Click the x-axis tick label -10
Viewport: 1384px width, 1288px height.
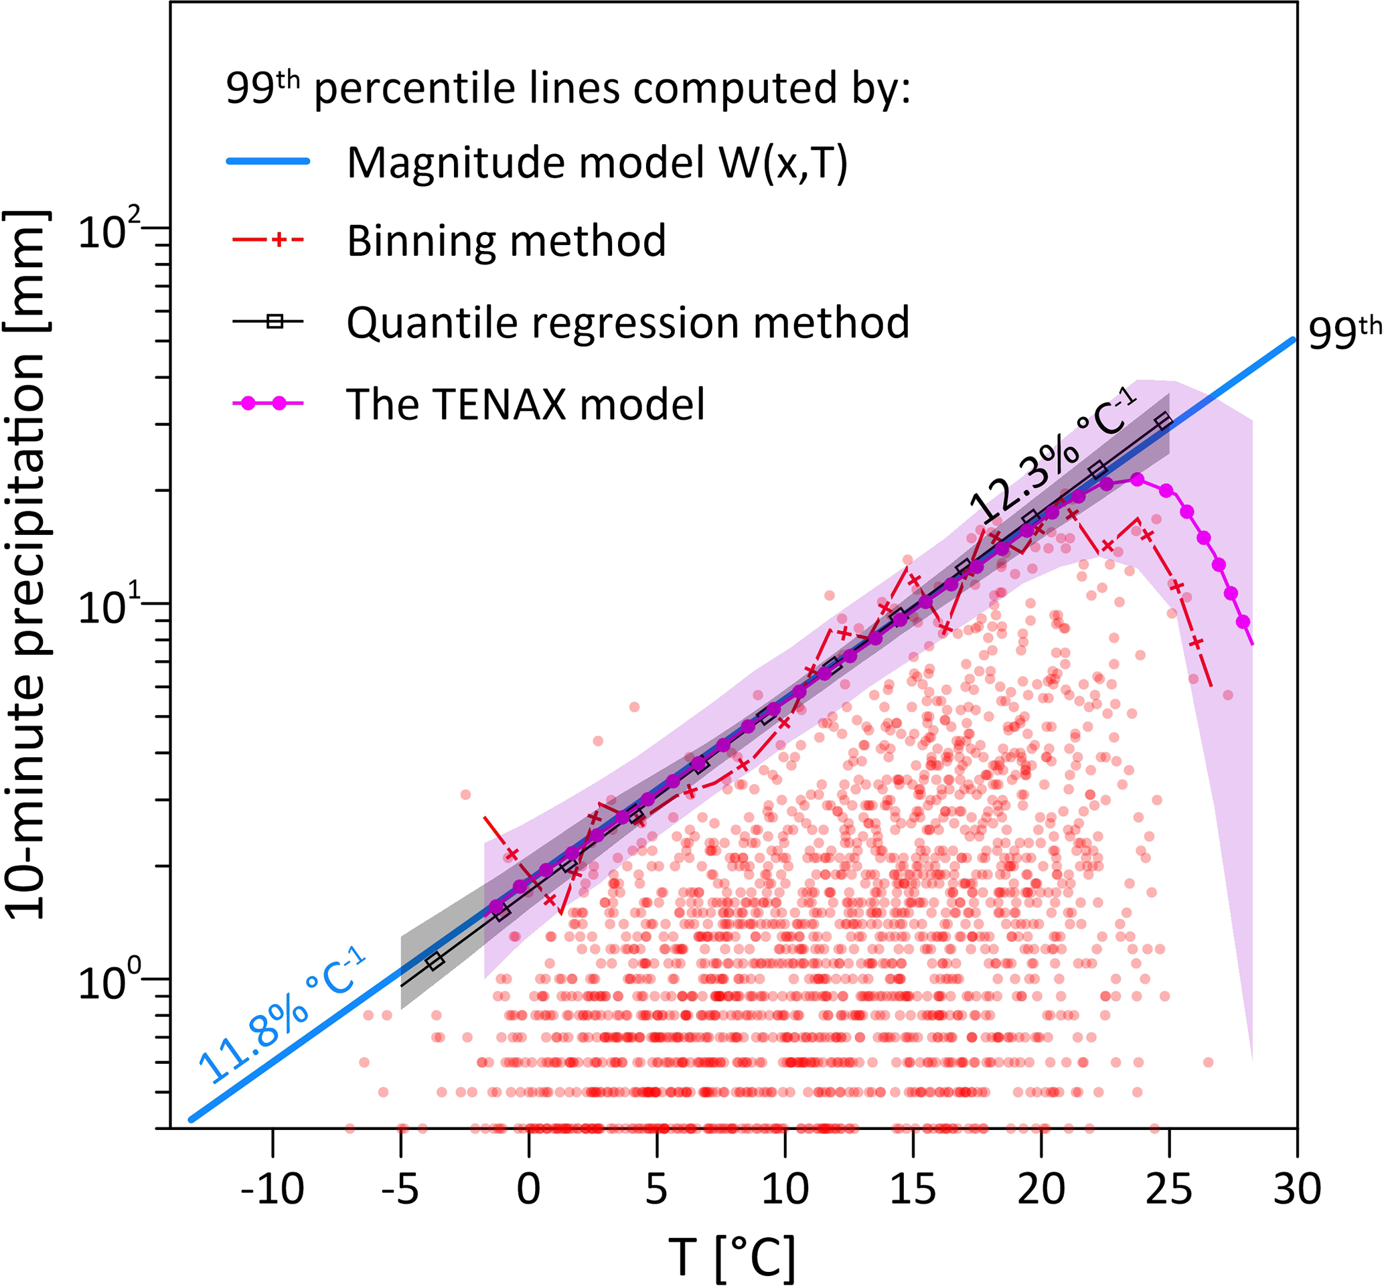pyautogui.click(x=273, y=1189)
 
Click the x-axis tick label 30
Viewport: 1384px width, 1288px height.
pyautogui.click(x=1297, y=1189)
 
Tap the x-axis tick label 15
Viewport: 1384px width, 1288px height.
pyautogui.click(x=913, y=1189)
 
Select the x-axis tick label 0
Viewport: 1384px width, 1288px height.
pyautogui.click(x=528, y=1189)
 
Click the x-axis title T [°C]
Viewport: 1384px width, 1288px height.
pyautogui.click(x=731, y=1257)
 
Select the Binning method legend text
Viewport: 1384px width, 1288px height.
pyautogui.click(x=506, y=241)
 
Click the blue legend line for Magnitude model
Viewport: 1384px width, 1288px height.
pyautogui.click(x=268, y=161)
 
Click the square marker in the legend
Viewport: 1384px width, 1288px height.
pyautogui.click(x=275, y=321)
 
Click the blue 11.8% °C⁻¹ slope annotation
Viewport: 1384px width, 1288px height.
pyautogui.click(x=282, y=1015)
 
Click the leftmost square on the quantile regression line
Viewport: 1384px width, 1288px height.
pyautogui.click(x=435, y=961)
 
